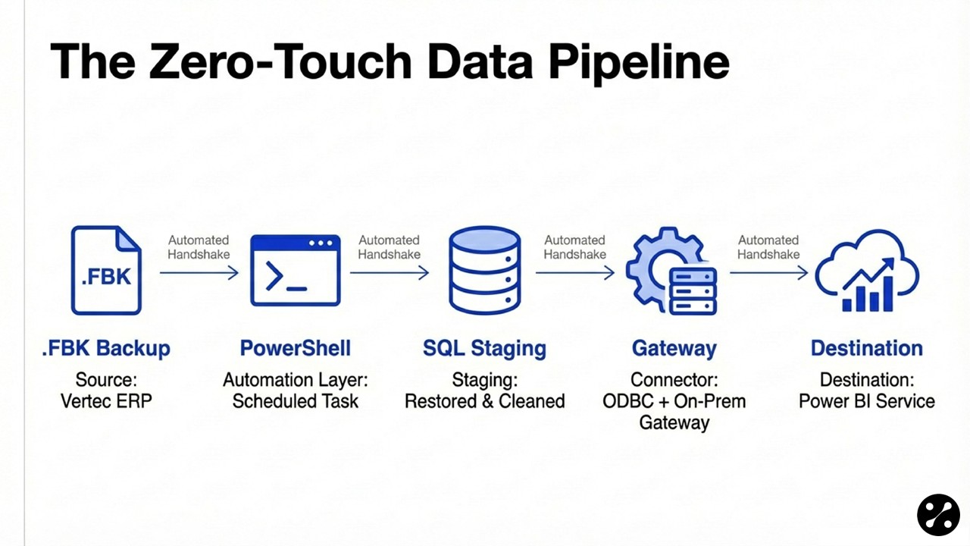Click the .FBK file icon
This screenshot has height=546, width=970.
(106, 270)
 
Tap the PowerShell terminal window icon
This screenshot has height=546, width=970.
(296, 270)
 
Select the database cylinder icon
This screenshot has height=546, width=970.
(484, 270)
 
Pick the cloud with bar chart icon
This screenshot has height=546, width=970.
(866, 271)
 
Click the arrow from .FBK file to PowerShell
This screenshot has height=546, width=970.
(199, 273)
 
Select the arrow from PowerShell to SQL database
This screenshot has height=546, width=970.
(389, 273)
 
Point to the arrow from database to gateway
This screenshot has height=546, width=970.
(574, 273)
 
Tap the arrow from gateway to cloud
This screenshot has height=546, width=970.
(768, 273)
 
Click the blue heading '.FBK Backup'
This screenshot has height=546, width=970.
(106, 349)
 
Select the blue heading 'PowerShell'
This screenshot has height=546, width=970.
(296, 348)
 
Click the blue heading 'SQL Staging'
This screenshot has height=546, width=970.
(484, 348)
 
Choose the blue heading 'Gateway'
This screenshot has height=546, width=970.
(674, 349)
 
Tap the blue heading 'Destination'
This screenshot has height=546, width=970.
(866, 348)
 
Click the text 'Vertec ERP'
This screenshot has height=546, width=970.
(106, 400)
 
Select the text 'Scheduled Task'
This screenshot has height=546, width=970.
(296, 400)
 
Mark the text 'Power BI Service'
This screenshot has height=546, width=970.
(866, 400)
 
